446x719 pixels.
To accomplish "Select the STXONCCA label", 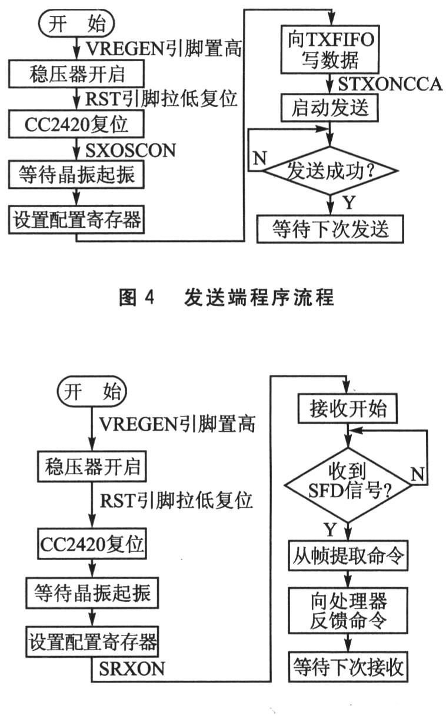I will [390, 85].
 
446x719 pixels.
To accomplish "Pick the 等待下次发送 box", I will [330, 229].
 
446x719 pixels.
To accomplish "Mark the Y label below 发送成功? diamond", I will [348, 203].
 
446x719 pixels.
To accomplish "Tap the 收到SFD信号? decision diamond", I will [348, 484].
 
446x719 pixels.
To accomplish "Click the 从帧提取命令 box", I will [348, 557].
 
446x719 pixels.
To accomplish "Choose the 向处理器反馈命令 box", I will [348, 610].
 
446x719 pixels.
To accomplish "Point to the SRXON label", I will [132, 669].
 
